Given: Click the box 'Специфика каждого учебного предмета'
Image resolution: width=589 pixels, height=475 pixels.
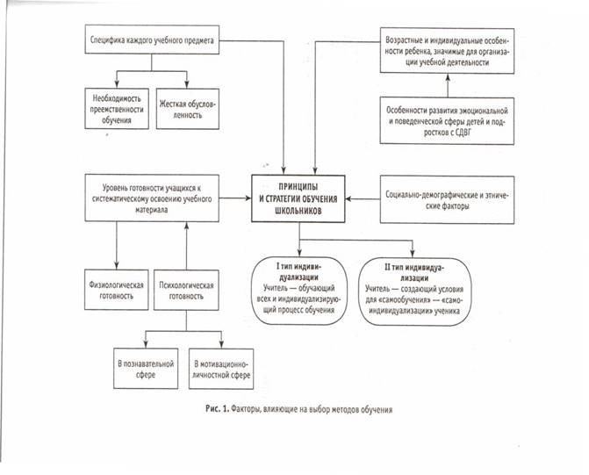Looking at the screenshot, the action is point(152,40).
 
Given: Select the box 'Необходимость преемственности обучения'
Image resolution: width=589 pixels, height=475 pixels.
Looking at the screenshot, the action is point(117,109).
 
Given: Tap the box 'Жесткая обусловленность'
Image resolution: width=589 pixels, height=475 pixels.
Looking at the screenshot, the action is point(188,109).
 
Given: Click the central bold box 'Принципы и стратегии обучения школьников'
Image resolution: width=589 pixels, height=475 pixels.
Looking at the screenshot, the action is point(298,198).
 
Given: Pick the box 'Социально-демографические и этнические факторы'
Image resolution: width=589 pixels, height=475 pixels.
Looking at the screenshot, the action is point(447,200).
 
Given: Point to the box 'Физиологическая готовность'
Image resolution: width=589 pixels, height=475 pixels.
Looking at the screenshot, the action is point(117,290).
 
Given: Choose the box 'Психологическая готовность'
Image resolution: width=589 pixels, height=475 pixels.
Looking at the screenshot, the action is point(186,290).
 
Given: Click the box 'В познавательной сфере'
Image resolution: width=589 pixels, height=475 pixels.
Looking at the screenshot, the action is point(146,369).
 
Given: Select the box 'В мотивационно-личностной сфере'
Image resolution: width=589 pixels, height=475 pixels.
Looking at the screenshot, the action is point(221,369).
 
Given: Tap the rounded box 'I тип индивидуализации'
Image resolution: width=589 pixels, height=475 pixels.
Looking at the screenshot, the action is point(299,291).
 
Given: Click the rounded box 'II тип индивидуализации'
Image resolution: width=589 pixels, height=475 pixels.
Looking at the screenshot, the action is point(414,291).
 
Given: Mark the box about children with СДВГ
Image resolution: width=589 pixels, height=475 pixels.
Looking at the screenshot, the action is point(447,120).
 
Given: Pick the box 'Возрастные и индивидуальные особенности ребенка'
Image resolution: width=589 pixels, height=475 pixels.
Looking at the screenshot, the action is point(447,50).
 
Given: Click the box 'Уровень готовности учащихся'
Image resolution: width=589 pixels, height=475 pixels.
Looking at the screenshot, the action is point(152,198).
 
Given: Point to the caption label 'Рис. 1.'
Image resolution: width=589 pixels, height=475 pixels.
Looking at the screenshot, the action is point(217,409).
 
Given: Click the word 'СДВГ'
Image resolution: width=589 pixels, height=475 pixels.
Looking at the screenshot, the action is point(463,133).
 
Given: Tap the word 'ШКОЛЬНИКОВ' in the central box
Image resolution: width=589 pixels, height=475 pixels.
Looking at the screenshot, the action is point(298,211).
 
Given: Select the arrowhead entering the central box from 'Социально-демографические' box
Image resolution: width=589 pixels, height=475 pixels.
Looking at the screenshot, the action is point(348,198).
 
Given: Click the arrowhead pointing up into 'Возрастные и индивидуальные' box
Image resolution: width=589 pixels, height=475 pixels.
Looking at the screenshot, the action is point(448,77).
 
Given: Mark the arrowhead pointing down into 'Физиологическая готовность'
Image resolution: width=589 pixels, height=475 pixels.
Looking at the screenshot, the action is point(117,266).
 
